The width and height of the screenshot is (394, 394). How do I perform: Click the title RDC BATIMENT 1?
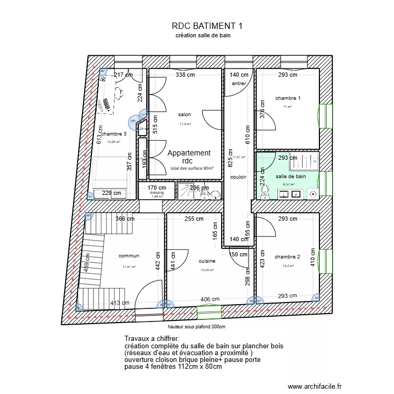[x=206, y=25]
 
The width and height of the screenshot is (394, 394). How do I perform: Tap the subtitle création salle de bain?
[x=203, y=36]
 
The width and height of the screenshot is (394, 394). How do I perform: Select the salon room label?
[x=184, y=115]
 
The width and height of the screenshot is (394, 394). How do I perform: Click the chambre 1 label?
[x=288, y=98]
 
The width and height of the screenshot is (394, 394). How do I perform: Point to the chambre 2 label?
[x=287, y=257]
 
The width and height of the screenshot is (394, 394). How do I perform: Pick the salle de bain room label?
[x=291, y=177]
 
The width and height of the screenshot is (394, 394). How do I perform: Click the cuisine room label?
[x=208, y=261]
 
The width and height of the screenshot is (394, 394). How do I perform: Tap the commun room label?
[x=129, y=256]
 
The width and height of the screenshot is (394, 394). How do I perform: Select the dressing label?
[x=157, y=192]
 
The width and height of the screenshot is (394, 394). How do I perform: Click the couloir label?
[x=238, y=177]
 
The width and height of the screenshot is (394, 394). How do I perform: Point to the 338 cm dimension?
[x=185, y=75]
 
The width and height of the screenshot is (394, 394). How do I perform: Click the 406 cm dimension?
[x=210, y=299]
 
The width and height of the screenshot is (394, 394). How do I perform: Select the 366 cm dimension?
[x=125, y=219]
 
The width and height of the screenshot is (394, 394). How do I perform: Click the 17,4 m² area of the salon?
[x=185, y=124]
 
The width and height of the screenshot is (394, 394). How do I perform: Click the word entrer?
[x=239, y=84]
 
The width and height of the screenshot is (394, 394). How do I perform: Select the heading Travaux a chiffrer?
[x=152, y=339]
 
